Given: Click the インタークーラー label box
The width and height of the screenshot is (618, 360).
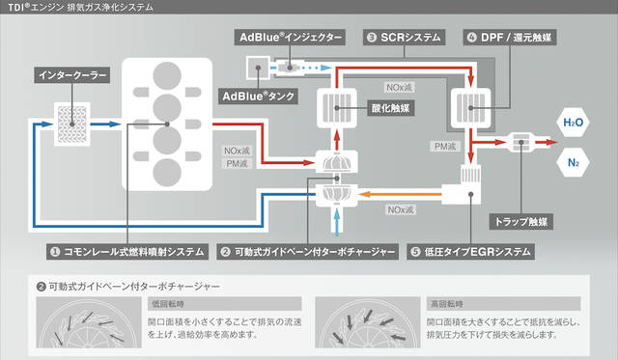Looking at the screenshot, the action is (x=72, y=75).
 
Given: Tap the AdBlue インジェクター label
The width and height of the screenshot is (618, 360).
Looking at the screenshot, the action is (x=290, y=38).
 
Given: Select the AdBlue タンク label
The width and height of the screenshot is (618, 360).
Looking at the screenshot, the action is (x=258, y=97).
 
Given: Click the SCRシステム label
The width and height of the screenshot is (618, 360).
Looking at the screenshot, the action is (x=404, y=38).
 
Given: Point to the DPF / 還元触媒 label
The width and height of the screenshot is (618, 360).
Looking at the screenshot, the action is (x=510, y=38).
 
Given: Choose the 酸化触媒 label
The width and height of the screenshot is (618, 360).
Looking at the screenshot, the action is (x=390, y=108).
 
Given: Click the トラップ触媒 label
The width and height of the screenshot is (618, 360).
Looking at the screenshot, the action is (x=521, y=222).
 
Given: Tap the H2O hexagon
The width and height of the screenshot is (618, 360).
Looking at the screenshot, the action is (x=573, y=123).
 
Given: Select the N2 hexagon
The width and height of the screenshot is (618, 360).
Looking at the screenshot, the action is (x=573, y=162).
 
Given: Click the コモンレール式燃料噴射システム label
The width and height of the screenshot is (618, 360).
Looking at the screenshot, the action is (x=127, y=252).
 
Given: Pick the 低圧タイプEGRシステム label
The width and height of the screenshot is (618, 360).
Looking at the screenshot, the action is (x=470, y=252).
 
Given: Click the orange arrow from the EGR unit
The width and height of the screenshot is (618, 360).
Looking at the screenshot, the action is (x=400, y=194).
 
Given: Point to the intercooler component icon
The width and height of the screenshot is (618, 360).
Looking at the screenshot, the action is (x=71, y=125).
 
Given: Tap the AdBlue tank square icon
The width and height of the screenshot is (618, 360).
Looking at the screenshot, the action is (x=258, y=68).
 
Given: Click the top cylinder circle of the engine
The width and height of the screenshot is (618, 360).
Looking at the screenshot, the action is (x=167, y=75).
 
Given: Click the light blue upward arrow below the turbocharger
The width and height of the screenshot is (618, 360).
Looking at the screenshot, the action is (x=337, y=223).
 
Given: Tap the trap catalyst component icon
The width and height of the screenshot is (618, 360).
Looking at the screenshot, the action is (x=521, y=142).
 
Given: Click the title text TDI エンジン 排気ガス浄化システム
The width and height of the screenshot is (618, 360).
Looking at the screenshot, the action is (x=80, y=7).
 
